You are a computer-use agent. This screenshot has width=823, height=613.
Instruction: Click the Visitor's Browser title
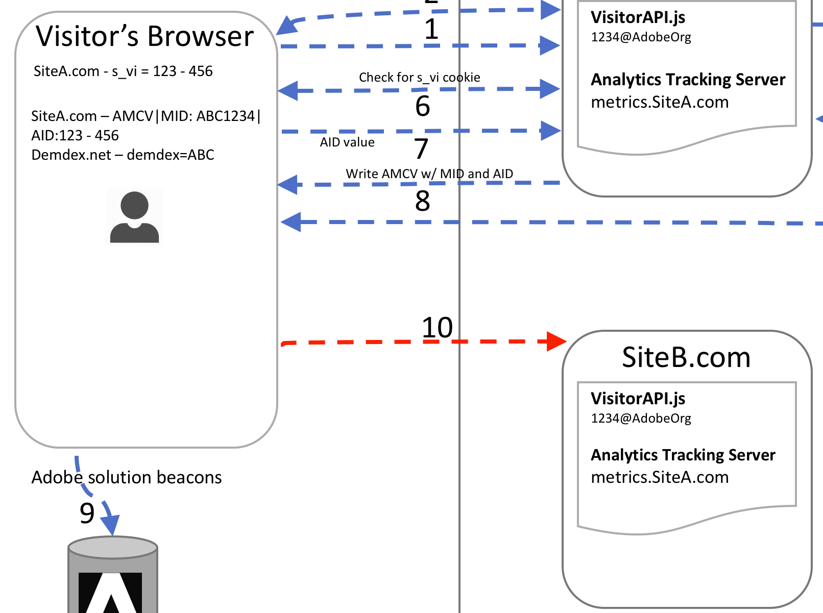click(144, 36)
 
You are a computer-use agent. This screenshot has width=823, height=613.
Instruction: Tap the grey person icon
click(135, 217)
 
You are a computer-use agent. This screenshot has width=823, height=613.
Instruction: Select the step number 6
click(423, 106)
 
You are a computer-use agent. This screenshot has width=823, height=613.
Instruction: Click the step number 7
click(421, 149)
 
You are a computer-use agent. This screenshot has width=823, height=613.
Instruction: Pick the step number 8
click(423, 201)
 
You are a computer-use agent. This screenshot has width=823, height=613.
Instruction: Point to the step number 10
click(438, 328)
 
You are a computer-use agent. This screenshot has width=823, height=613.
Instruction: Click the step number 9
click(87, 513)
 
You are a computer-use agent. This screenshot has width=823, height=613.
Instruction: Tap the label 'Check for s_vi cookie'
click(420, 78)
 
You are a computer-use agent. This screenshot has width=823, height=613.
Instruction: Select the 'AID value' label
click(347, 142)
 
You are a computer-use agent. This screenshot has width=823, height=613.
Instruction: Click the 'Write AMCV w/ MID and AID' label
click(429, 174)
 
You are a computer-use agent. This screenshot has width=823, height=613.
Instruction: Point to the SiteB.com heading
click(686, 357)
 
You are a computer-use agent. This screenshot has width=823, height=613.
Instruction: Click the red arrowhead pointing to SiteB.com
click(556, 341)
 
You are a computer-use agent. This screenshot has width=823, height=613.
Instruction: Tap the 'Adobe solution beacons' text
click(127, 478)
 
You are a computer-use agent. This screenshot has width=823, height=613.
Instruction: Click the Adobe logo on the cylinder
click(110, 592)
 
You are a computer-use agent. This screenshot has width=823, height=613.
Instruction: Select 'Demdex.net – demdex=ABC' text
click(123, 155)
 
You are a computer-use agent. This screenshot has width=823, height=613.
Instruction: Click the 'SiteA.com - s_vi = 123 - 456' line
click(123, 71)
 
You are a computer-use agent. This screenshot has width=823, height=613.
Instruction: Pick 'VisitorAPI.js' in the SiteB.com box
click(638, 399)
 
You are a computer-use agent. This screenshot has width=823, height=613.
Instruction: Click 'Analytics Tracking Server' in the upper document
click(688, 80)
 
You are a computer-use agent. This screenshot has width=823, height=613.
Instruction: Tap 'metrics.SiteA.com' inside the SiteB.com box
click(660, 478)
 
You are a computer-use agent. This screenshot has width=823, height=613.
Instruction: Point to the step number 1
click(431, 29)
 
